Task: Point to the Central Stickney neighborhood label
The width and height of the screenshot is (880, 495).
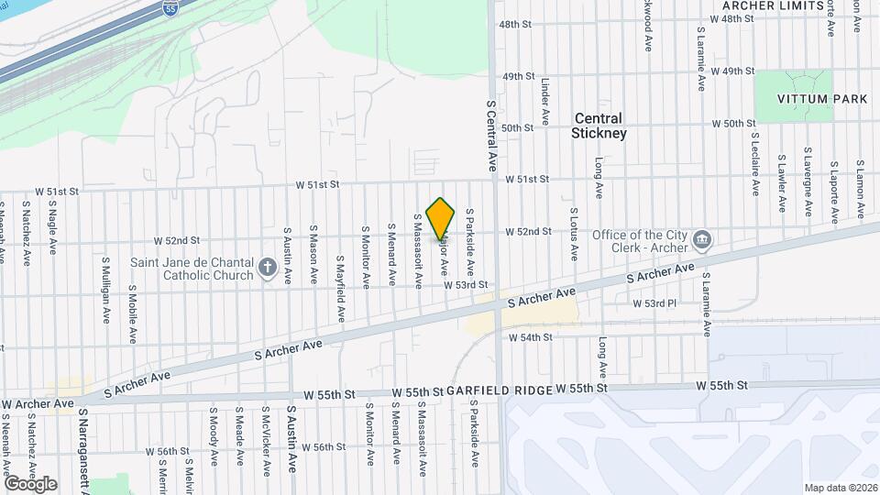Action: (598, 126)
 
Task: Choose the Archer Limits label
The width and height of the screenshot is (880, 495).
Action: (767, 5)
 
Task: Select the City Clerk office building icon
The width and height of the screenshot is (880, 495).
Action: (702, 241)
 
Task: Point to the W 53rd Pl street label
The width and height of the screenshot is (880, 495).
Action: (654, 302)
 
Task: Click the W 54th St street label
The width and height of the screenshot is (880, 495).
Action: (531, 337)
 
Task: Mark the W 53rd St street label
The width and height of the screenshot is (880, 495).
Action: (466, 286)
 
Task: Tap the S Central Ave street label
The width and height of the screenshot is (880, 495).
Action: (491, 136)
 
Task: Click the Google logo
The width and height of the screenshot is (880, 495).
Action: (30, 483)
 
